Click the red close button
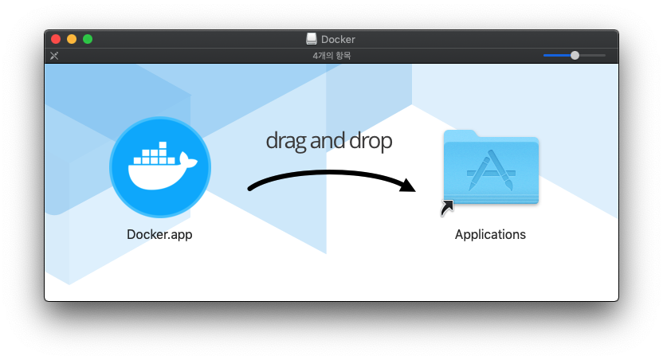[56, 39]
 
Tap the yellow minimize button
[72, 39]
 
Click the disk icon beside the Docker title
[312, 39]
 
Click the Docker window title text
[338, 39]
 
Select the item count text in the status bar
[331, 56]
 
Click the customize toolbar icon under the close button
[54, 56]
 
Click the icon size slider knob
[575, 56]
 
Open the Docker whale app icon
[160, 167]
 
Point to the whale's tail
[189, 162]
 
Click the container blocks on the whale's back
[156, 154]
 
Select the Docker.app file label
[159, 235]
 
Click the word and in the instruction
[325, 141]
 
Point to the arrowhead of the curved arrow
[408, 186]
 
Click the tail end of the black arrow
[252, 189]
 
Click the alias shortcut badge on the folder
[447, 208]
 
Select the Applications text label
[490, 235]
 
